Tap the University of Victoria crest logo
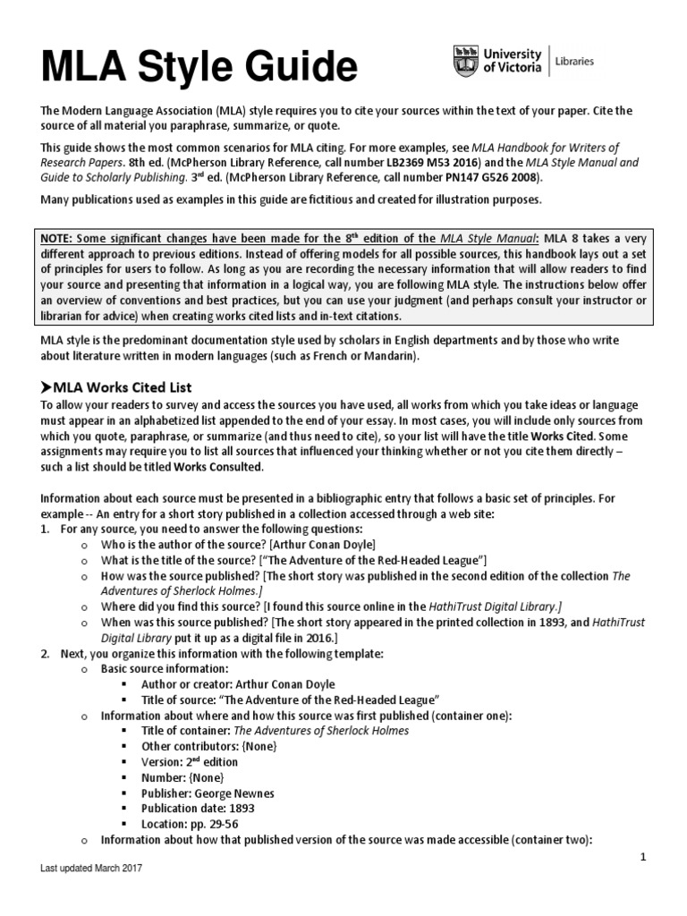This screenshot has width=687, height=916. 466,61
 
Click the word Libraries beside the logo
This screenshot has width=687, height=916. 574,62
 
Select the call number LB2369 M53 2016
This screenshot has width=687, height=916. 424,163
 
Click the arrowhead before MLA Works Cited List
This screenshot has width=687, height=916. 47,387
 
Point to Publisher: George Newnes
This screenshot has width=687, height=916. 208,793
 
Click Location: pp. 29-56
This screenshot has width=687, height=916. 190,824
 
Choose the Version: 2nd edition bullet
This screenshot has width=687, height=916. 190,761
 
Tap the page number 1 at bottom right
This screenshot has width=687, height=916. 642,857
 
